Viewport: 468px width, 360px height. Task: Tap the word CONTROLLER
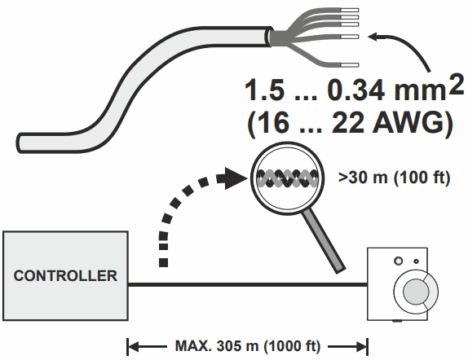click(x=64, y=275)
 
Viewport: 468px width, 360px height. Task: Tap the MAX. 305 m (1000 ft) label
click(x=248, y=345)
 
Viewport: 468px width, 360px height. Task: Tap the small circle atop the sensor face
click(x=399, y=261)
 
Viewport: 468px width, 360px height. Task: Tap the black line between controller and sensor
click(x=245, y=284)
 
